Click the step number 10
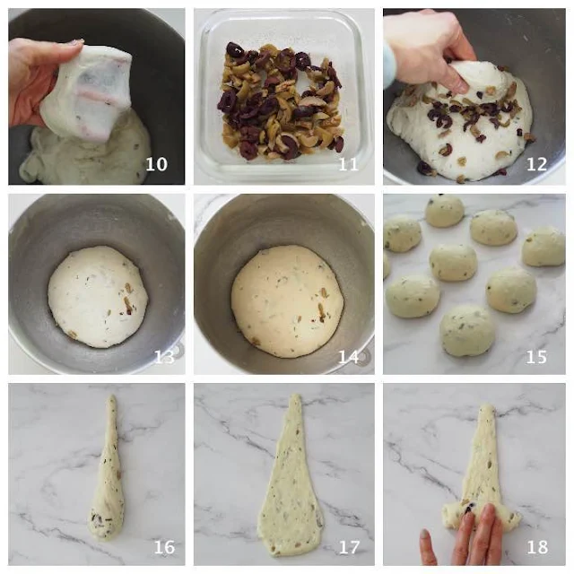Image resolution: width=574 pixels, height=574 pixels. pyautogui.click(x=156, y=164)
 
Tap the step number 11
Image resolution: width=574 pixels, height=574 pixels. pyautogui.click(x=348, y=164)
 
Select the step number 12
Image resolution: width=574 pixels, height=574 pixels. pyautogui.click(x=536, y=164)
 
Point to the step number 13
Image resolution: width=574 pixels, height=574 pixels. pyautogui.click(x=164, y=357)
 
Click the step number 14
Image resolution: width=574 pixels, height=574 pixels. pyautogui.click(x=348, y=357)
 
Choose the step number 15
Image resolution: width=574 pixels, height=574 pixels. pyautogui.click(x=536, y=357)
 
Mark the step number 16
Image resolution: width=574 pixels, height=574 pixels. pyautogui.click(x=164, y=547)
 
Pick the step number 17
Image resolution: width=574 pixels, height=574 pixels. pyautogui.click(x=349, y=547)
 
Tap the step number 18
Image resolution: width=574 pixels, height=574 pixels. pyautogui.click(x=537, y=547)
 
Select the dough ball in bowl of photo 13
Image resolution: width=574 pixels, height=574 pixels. pyautogui.click(x=98, y=297)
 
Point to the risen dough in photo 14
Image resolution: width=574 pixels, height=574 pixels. pyautogui.click(x=287, y=301)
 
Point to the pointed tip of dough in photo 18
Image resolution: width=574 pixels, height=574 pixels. pyautogui.click(x=486, y=406)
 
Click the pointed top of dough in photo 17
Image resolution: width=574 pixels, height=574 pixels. pyautogui.click(x=295, y=396)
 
